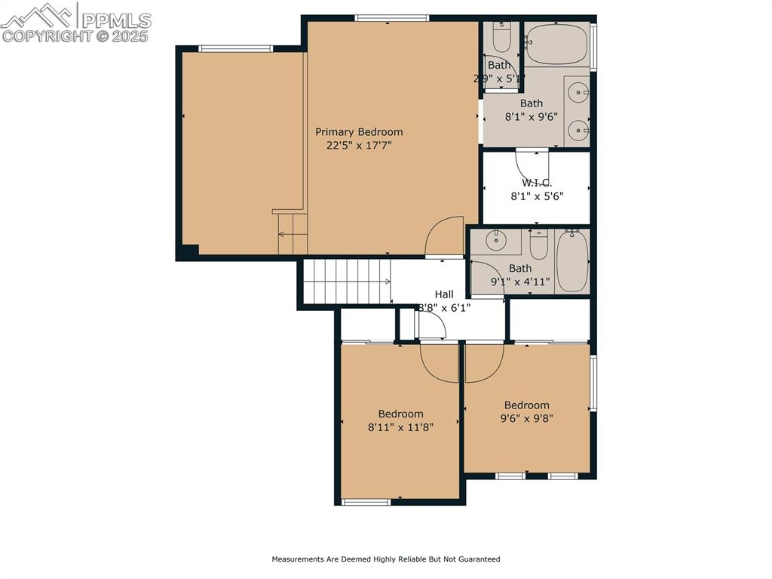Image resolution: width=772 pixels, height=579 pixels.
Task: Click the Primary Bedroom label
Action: [359, 132]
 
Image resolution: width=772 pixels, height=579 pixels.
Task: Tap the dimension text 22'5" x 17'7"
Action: [359, 145]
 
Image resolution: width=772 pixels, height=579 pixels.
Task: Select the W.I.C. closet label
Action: [536, 183]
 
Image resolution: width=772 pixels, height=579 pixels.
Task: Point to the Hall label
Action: [444, 294]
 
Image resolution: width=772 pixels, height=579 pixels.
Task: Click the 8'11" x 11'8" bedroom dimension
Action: [400, 427]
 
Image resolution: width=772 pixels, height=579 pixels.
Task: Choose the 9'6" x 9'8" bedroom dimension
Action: [526, 418]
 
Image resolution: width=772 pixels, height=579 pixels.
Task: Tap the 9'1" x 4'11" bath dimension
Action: [519, 282]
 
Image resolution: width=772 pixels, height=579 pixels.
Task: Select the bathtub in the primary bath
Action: [556, 44]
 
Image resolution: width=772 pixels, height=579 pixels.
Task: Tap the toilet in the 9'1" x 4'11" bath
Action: [538, 245]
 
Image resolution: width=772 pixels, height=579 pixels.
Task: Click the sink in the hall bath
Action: [495, 242]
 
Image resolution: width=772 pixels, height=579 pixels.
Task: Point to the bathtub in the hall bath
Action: [572, 260]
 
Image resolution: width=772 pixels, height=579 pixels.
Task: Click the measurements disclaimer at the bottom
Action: [385, 559]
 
